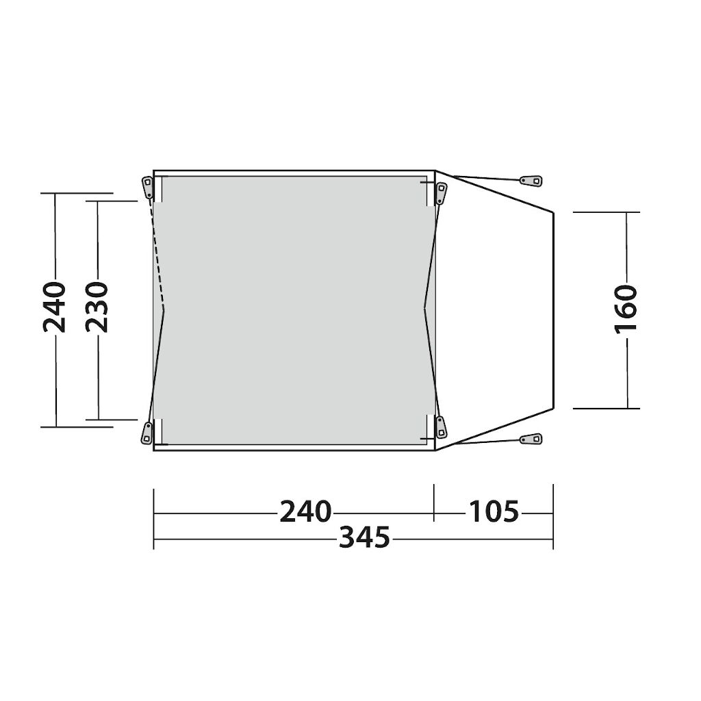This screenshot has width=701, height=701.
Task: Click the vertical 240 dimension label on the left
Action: pos(55,307)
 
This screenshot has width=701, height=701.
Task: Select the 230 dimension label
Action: pos(97,307)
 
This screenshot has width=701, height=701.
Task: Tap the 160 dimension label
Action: pos(626,309)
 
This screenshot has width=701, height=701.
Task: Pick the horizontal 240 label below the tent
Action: pos(306,511)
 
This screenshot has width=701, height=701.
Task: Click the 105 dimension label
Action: pos(494,511)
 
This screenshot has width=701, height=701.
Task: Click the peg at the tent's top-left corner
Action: pos(147,188)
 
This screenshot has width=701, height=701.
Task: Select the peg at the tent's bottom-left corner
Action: pos(146,433)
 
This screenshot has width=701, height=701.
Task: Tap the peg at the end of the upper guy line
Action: pos(531,181)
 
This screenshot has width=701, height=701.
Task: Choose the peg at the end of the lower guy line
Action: pos(531,439)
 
